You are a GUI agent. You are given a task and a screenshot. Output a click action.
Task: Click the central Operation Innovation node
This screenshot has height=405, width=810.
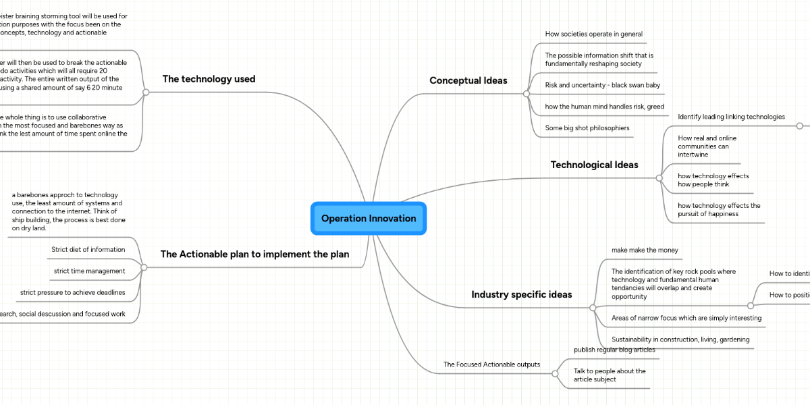[x=369, y=218]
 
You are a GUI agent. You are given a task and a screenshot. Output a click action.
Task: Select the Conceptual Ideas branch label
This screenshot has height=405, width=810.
[x=468, y=80]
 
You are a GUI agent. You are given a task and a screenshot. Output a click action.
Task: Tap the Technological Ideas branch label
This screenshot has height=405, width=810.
[x=594, y=165]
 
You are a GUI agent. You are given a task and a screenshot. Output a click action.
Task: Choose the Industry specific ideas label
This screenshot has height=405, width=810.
[x=521, y=294]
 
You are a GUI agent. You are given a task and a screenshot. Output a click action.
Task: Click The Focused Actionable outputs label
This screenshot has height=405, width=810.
[x=491, y=364]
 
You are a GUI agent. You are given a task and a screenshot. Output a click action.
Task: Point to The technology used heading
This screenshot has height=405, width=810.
[x=209, y=79]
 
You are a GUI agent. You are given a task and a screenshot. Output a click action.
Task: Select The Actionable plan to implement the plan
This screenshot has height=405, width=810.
[x=254, y=254]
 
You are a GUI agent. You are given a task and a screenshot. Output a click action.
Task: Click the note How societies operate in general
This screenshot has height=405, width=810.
[x=593, y=34]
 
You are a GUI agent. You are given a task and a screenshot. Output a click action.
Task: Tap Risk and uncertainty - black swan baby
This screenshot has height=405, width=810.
[x=602, y=85]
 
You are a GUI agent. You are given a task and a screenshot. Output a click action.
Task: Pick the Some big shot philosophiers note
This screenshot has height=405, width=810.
[x=587, y=128]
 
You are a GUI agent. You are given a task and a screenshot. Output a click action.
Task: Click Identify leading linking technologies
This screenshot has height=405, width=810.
[x=731, y=117]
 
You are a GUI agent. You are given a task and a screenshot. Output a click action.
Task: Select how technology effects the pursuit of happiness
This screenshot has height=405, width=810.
[x=719, y=210]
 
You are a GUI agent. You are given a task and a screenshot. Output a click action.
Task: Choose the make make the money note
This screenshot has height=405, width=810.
[x=645, y=250]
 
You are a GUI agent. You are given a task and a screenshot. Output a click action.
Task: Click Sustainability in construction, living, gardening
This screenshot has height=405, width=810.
[x=680, y=339]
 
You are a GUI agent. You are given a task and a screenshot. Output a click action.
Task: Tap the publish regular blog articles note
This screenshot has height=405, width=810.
[x=614, y=350]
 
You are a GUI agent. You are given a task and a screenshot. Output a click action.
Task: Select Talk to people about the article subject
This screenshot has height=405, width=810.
[x=610, y=375]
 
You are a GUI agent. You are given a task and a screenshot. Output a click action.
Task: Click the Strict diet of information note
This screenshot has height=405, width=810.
[x=88, y=249]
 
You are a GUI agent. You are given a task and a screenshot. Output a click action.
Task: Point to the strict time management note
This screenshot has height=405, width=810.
[x=89, y=271]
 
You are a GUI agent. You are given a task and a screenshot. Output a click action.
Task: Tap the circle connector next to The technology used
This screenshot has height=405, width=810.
[x=146, y=92]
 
